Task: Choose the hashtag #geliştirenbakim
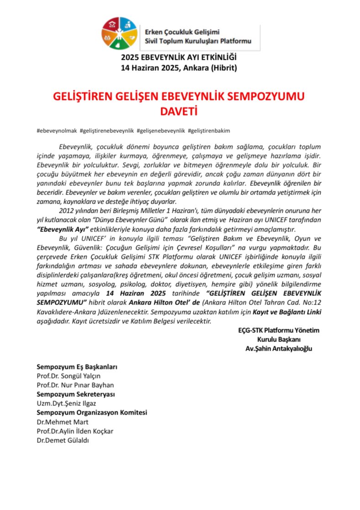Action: [208, 131]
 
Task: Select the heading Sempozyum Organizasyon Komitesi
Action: [92, 413]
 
